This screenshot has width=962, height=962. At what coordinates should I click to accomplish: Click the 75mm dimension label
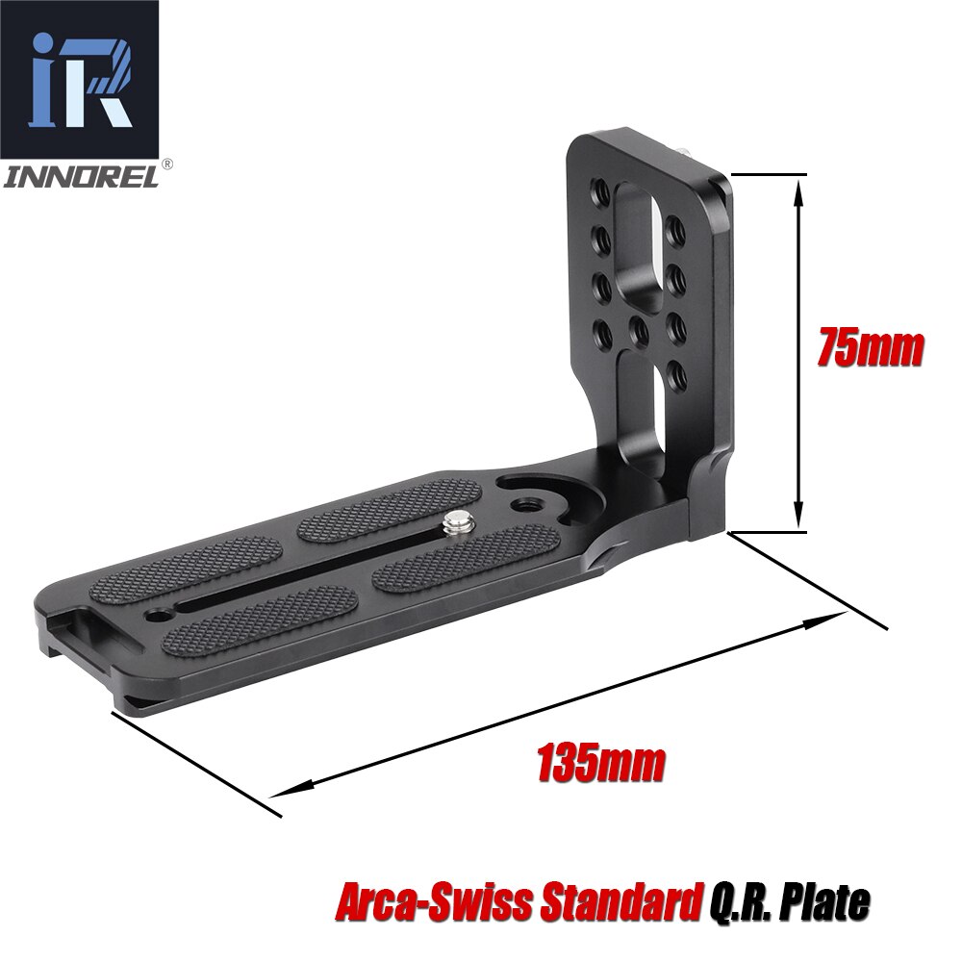(870, 348)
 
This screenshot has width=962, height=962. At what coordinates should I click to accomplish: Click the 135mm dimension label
(601, 764)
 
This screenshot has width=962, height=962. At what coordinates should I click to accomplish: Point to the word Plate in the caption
(821, 904)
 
